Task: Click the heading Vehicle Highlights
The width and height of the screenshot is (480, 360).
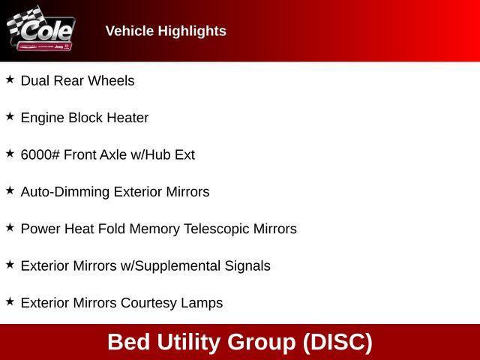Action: (166, 31)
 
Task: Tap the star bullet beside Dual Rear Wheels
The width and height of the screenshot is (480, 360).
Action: (10, 79)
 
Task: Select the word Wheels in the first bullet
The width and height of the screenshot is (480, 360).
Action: (112, 80)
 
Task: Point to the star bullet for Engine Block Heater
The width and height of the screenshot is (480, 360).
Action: (10, 116)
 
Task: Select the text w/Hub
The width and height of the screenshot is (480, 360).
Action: (153, 154)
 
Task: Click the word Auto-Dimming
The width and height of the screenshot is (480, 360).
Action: (64, 192)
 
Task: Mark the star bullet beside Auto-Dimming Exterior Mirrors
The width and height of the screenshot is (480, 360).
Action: (10, 190)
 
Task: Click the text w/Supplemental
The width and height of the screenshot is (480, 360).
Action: (170, 266)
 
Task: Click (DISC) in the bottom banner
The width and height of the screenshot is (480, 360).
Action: (337, 342)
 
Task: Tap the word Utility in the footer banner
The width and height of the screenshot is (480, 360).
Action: (189, 342)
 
